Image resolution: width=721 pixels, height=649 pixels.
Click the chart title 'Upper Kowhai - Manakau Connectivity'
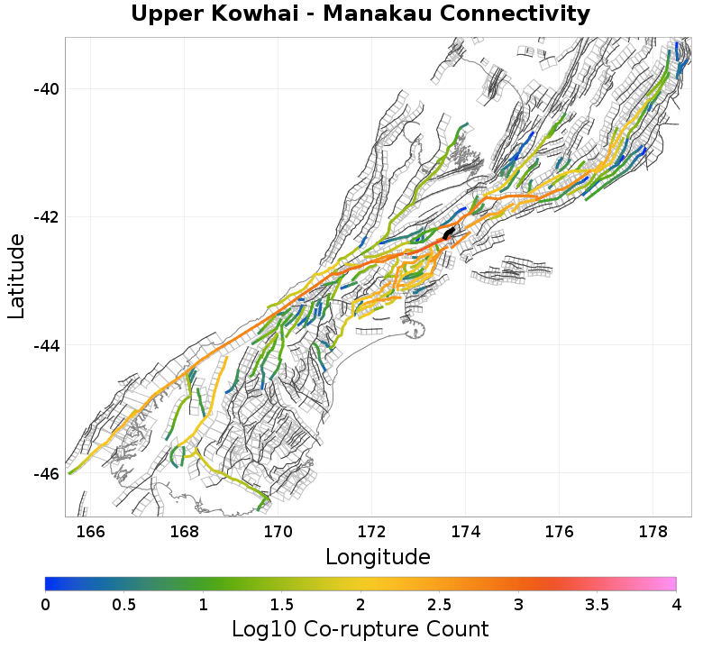[360, 14]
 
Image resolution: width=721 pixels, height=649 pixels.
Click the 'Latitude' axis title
[16, 276]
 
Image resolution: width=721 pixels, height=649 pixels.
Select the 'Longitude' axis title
[378, 555]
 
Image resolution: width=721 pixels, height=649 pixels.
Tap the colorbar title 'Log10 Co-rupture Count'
[360, 629]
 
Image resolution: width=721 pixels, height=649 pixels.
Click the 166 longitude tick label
[90, 531]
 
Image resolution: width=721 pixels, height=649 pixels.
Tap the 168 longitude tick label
[184, 531]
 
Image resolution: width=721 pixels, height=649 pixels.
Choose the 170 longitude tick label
[278, 531]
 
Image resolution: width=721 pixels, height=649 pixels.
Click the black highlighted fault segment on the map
[449, 233]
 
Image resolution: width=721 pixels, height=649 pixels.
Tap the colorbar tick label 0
[45, 603]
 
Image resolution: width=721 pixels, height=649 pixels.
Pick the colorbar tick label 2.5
[439, 603]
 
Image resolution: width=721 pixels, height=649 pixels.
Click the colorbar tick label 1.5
[281, 603]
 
